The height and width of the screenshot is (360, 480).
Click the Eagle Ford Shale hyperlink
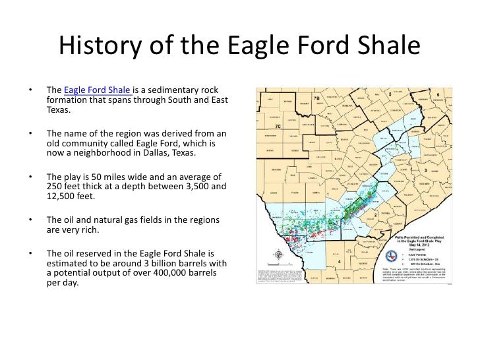coord(98,90)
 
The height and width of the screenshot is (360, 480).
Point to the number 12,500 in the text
coord(65,196)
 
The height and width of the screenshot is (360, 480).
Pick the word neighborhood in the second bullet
coord(108,153)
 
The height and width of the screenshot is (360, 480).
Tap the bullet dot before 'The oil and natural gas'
coord(30,220)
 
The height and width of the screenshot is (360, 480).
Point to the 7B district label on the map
coord(317,98)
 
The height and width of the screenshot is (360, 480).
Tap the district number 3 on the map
coord(425,169)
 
